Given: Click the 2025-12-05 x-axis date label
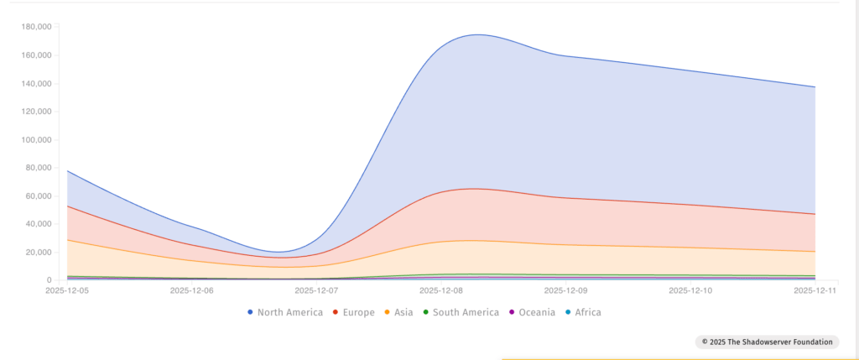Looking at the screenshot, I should (x=68, y=290).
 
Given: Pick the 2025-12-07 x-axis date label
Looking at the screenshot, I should (x=318, y=290).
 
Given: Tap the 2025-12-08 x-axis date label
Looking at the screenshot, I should (x=443, y=290).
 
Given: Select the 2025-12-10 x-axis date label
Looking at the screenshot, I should (x=690, y=290).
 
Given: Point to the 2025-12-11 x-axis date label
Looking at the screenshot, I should (x=815, y=290).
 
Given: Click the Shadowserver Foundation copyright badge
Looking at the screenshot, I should (x=767, y=342).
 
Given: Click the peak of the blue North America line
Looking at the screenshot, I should (x=477, y=34).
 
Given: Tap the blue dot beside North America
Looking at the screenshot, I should (x=251, y=312).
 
